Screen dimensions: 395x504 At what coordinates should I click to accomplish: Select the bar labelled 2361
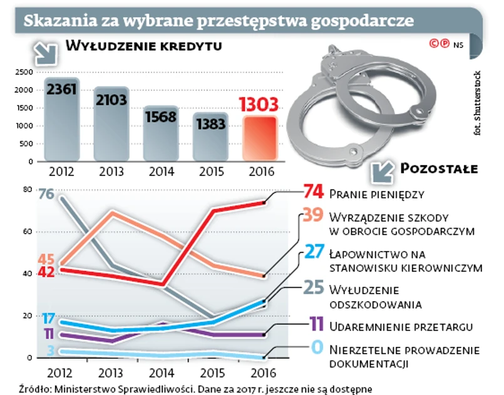(61, 119)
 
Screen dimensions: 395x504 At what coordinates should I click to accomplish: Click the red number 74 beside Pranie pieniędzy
(313, 192)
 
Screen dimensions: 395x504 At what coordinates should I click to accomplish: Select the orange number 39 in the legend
(311, 216)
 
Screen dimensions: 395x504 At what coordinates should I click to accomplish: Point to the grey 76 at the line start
(46, 193)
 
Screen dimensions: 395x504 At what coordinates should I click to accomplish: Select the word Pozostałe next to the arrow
(438, 169)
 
